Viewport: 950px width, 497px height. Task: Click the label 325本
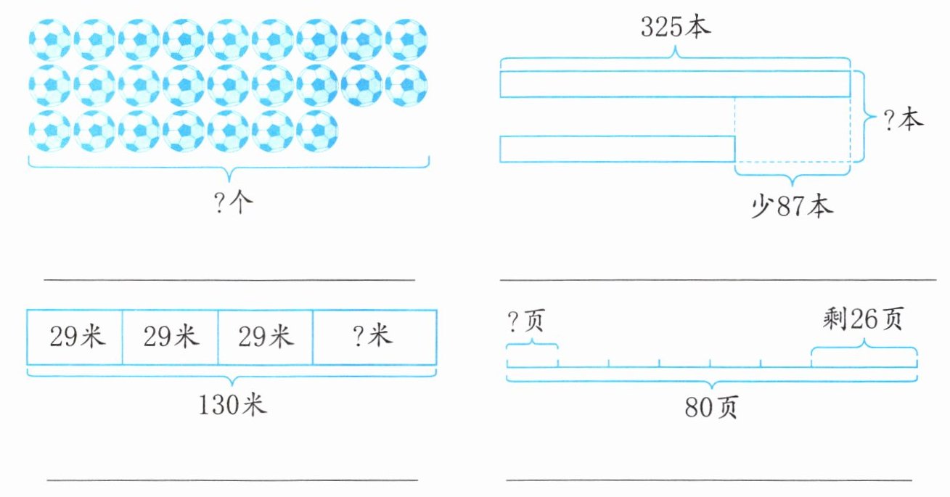tap(676, 27)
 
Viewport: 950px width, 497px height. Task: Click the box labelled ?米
tap(374, 337)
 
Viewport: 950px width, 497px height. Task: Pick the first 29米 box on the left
tap(74, 337)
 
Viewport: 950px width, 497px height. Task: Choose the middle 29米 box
tap(170, 337)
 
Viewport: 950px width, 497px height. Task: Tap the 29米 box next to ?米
tap(265, 337)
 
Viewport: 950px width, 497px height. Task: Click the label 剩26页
tap(863, 319)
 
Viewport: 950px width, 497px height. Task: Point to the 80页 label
tap(711, 408)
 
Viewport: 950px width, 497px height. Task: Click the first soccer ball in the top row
tap(50, 39)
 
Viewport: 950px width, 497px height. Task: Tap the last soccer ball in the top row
tap(406, 39)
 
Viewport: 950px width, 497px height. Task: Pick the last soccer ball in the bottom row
tap(317, 131)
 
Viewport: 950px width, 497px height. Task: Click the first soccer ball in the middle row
tap(50, 85)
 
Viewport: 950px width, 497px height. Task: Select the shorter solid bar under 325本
tap(617, 149)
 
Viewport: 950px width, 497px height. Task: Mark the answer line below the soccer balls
tap(229, 279)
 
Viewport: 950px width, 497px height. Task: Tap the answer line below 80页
tap(708, 480)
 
